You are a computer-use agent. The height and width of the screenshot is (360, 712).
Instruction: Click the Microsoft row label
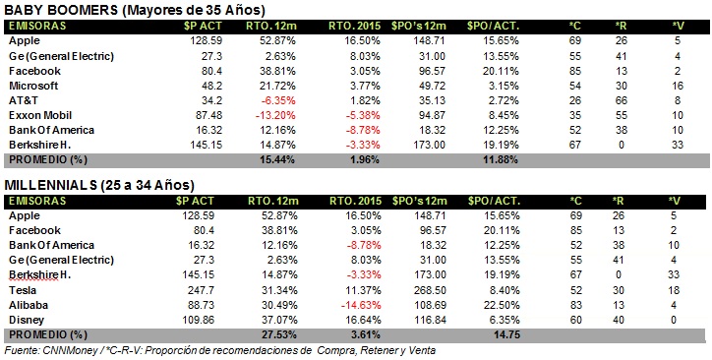tap(33, 86)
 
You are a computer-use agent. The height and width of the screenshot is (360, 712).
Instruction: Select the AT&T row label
tap(24, 100)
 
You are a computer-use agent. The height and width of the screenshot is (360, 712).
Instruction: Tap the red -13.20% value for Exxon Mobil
tap(275, 115)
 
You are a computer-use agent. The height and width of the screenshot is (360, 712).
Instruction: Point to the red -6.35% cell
tap(278, 100)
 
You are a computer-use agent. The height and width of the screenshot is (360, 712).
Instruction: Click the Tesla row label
tap(23, 290)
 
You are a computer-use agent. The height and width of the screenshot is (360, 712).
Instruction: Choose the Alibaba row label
tap(29, 305)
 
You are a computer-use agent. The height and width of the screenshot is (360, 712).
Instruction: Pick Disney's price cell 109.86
tap(199, 320)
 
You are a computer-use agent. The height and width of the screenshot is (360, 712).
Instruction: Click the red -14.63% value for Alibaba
tap(361, 305)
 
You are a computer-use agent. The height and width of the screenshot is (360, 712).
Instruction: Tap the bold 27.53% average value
tap(278, 335)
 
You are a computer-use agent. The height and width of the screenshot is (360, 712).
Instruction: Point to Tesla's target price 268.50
tap(431, 290)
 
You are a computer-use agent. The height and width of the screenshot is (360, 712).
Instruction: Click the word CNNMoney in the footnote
tap(64, 350)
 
